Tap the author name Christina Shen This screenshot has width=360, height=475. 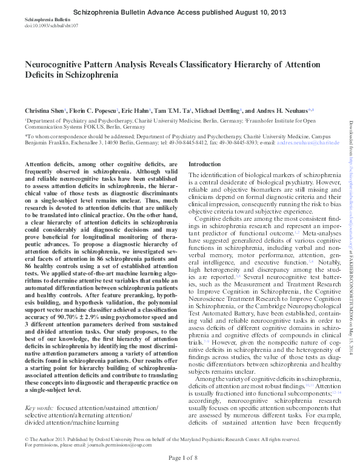(x=44, y=112)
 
